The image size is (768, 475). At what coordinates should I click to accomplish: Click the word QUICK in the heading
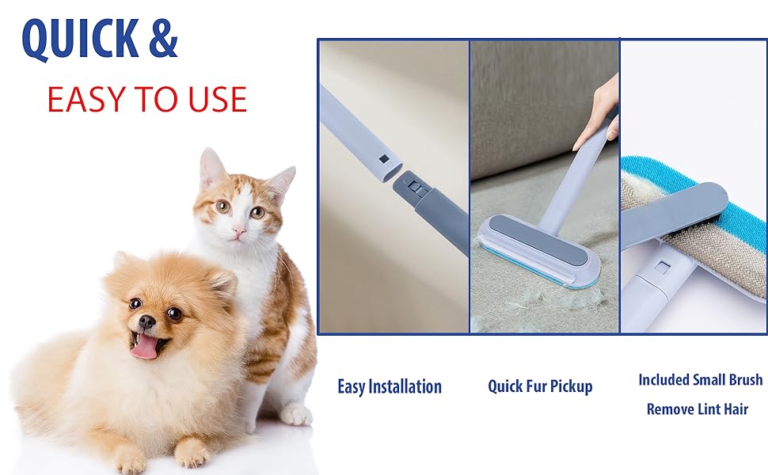point(80,39)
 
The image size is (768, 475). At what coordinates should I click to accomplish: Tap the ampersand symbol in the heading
point(163,38)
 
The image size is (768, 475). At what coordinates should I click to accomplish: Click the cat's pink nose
point(239,230)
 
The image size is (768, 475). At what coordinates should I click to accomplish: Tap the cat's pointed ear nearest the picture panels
point(282,183)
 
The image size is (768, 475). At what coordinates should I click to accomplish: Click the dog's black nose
point(146,321)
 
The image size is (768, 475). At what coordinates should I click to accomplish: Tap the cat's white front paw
point(295,413)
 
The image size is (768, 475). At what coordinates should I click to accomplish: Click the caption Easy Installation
point(390,387)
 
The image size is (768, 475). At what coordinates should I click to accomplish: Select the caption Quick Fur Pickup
point(540,386)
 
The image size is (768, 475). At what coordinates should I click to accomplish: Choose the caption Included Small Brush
point(701,380)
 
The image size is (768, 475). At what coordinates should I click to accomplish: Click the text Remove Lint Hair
point(698,409)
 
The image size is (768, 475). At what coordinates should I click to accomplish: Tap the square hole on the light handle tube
point(384,159)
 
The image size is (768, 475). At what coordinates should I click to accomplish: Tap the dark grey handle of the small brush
point(675,214)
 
